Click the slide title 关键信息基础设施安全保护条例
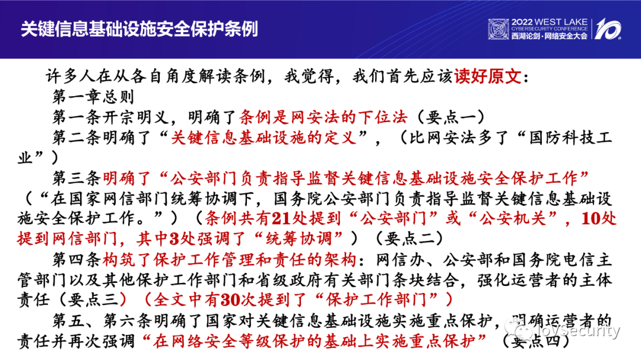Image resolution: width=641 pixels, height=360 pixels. click(x=139, y=28)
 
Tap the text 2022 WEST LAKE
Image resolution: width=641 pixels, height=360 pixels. click(x=549, y=22)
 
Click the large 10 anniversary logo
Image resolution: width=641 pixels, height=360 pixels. click(x=608, y=29)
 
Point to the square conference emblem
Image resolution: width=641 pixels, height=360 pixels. click(x=499, y=30)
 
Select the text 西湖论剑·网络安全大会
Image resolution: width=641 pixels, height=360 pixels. click(x=549, y=36)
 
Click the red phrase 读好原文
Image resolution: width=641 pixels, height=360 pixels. click(x=488, y=77)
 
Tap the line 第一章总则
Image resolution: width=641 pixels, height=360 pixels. click(x=93, y=97)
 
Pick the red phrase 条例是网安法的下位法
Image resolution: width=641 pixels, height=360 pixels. click(x=323, y=117)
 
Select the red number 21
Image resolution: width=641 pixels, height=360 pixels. click(x=282, y=219)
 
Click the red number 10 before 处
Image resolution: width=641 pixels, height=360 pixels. click(x=591, y=219)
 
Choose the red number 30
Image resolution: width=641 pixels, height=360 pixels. click(x=230, y=300)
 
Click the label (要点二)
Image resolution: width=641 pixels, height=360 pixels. click(x=409, y=238)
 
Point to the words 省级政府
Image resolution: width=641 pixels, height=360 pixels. click(x=289, y=280)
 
